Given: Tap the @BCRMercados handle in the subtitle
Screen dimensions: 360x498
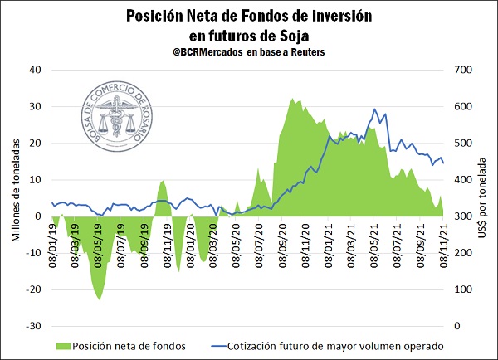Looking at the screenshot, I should click(x=200, y=51).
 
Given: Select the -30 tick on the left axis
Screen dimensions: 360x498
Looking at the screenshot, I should click(x=33, y=326).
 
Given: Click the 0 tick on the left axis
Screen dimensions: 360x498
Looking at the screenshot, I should click(x=38, y=216).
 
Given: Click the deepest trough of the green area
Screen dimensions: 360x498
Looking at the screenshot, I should click(x=100, y=299).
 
